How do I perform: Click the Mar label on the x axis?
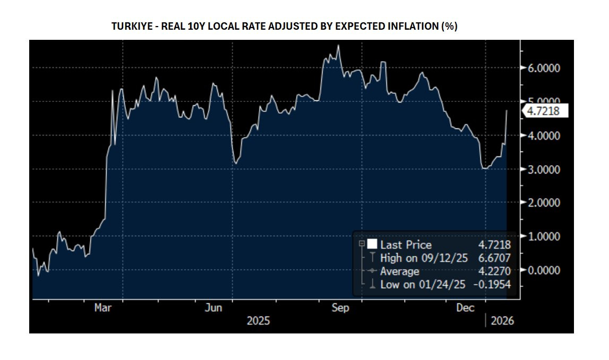point(103,308)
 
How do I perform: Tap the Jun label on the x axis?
point(213,308)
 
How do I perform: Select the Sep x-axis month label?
point(340,308)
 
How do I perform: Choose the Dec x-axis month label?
point(466,308)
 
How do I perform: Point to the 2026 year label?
point(502,321)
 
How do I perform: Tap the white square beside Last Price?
point(372,244)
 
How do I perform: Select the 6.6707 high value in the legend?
point(494,258)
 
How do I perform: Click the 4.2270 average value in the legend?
point(494,271)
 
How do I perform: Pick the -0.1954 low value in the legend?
point(492,285)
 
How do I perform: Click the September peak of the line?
point(339,46)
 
